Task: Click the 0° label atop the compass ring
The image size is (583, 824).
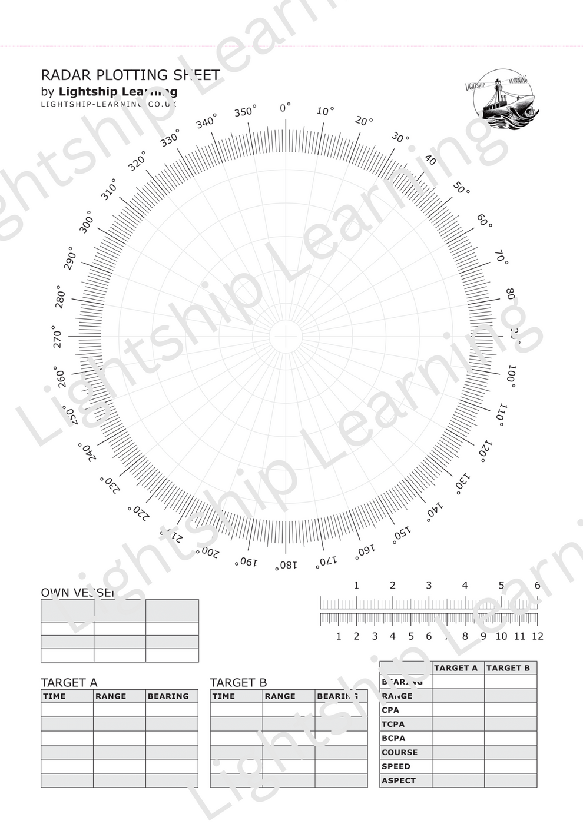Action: click(x=285, y=108)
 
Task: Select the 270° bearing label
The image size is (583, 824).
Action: click(x=57, y=338)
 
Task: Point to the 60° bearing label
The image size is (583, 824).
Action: click(x=485, y=221)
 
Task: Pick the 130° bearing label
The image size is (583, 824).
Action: click(x=463, y=481)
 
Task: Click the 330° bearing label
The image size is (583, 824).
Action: click(x=170, y=139)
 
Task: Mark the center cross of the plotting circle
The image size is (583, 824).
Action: click(x=286, y=337)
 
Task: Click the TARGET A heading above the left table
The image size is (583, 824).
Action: click(x=69, y=683)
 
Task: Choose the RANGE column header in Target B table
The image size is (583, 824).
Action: click(x=280, y=696)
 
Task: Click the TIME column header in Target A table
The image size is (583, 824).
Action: click(x=55, y=696)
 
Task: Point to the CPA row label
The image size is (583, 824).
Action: click(x=390, y=710)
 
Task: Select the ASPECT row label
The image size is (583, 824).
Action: click(x=399, y=781)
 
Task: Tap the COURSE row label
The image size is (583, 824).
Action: click(x=399, y=753)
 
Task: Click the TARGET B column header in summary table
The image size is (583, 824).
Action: click(x=508, y=668)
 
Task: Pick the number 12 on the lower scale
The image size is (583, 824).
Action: click(x=537, y=636)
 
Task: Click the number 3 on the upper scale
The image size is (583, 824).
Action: click(x=429, y=586)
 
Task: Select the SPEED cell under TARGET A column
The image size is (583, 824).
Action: click(x=458, y=767)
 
